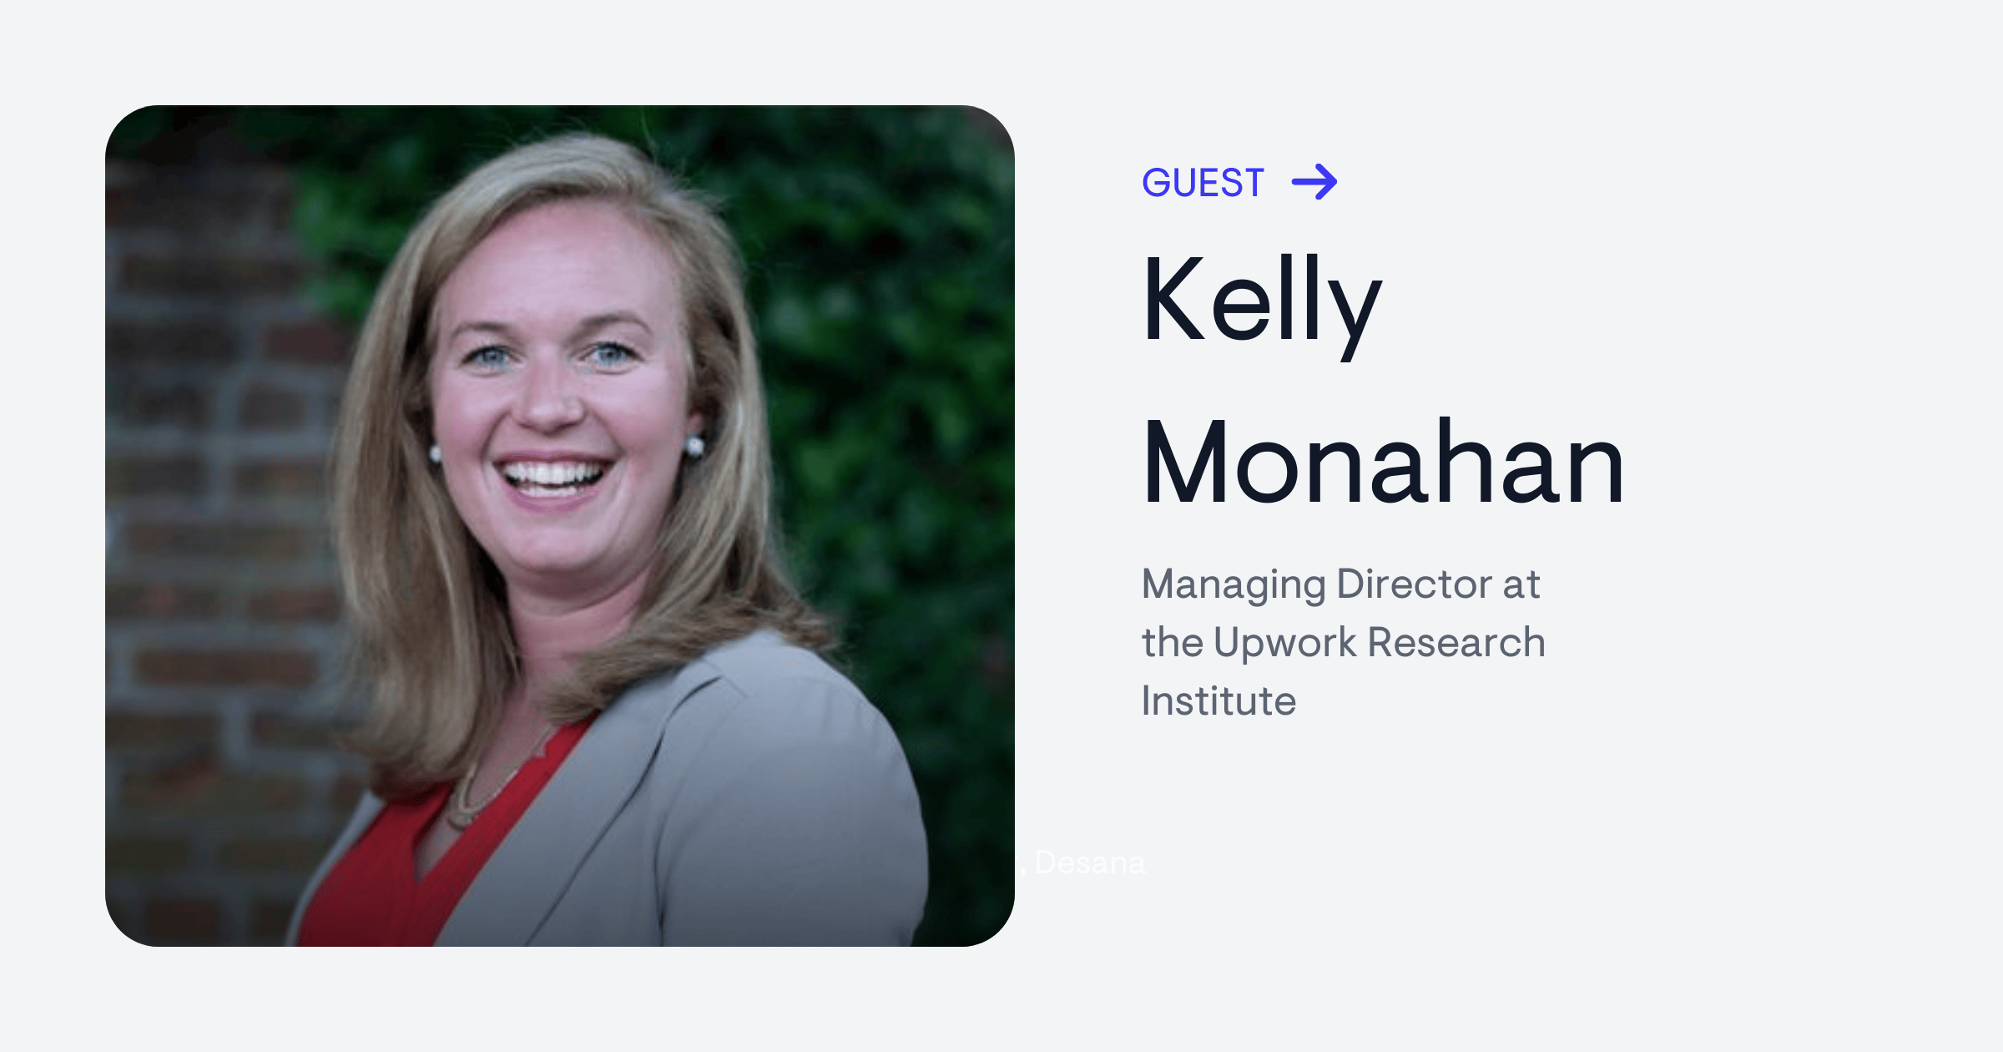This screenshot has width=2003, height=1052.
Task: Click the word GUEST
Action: point(1203,183)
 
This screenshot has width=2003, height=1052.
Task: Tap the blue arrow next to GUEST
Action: point(1314,182)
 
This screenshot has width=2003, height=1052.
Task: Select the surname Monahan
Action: point(1383,463)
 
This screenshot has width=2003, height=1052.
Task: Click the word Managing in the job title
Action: point(1233,584)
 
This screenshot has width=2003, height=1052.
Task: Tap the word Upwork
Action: point(1284,642)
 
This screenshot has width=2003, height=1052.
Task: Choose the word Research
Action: point(1456,642)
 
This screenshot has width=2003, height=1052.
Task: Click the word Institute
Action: point(1218,700)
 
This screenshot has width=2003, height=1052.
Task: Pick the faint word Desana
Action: point(1089,862)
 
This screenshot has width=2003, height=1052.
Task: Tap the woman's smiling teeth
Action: point(552,475)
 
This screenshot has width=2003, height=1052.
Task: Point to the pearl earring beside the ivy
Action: point(694,445)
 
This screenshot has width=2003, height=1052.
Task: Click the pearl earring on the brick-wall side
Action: point(435,453)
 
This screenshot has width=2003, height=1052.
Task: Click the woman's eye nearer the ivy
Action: point(610,353)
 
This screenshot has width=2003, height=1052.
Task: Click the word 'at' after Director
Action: point(1521,584)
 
